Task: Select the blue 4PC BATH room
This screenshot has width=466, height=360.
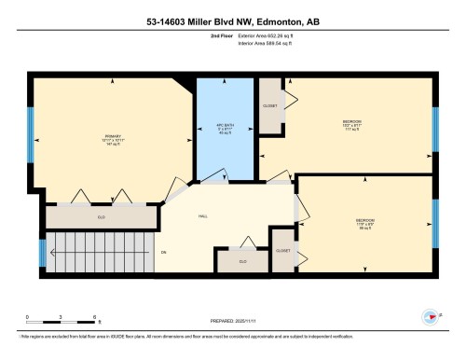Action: click(x=224, y=127)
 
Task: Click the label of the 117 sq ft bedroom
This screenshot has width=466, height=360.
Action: click(x=351, y=124)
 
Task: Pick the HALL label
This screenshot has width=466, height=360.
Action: click(x=203, y=216)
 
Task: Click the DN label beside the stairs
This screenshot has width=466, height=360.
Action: click(x=163, y=253)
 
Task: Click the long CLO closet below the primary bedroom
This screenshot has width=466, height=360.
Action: click(x=101, y=217)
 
